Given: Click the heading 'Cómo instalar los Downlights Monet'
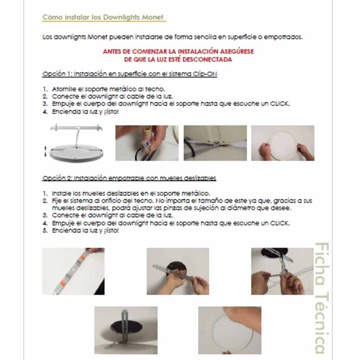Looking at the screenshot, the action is (x=103, y=17).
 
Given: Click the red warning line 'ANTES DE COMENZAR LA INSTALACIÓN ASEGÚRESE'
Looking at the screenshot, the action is (x=178, y=51).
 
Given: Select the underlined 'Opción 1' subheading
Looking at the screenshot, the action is (x=130, y=74).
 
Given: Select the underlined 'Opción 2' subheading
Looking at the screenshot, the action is (x=129, y=178).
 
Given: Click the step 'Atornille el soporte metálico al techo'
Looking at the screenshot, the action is (x=108, y=89).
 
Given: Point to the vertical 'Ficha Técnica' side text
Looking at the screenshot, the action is (x=322, y=298).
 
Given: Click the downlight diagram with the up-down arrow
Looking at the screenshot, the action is (x=76, y=143).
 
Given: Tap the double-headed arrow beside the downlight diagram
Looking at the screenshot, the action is (x=45, y=151).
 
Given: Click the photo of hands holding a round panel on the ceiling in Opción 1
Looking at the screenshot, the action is (x=283, y=143).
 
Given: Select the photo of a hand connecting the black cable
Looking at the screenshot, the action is (x=147, y=143).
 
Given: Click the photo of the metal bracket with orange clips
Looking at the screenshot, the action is (x=73, y=271).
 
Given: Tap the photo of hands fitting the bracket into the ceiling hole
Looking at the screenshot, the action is (x=178, y=271).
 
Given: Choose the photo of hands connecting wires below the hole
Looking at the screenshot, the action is (x=283, y=271).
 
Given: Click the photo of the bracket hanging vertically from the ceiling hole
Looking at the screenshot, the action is (x=126, y=330).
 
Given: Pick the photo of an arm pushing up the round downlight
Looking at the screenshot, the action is (x=230, y=330).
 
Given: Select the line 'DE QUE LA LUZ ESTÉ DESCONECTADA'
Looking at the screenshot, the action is (x=178, y=59).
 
